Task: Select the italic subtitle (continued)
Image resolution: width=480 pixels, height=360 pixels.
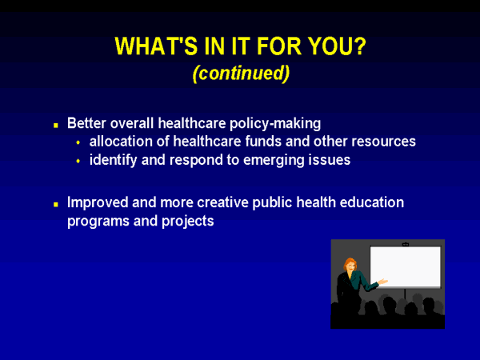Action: pyautogui.click(x=241, y=74)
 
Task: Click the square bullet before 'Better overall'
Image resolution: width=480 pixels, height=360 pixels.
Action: pyautogui.click(x=56, y=125)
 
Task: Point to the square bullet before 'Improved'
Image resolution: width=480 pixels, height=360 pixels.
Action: pyautogui.click(x=56, y=204)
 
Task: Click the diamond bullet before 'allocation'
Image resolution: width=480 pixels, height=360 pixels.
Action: pyautogui.click(x=78, y=142)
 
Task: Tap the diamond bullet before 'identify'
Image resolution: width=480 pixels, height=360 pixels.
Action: pyautogui.click(x=78, y=161)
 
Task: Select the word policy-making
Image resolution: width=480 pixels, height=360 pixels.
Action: pyautogui.click(x=275, y=124)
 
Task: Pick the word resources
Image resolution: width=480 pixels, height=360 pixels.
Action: pyautogui.click(x=383, y=142)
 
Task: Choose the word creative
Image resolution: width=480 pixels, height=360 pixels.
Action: pyautogui.click(x=223, y=202)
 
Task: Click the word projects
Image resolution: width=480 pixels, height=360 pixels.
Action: pyautogui.click(x=188, y=222)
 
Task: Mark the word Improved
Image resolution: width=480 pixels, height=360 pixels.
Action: pyautogui.click(x=98, y=203)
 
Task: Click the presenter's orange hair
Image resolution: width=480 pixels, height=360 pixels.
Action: pyautogui.click(x=350, y=263)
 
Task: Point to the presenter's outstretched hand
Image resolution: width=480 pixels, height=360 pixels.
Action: pyautogui.click(x=383, y=282)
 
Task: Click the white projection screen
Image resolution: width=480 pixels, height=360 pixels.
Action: pyautogui.click(x=406, y=266)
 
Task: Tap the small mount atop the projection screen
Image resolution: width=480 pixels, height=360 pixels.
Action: pyautogui.click(x=406, y=244)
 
